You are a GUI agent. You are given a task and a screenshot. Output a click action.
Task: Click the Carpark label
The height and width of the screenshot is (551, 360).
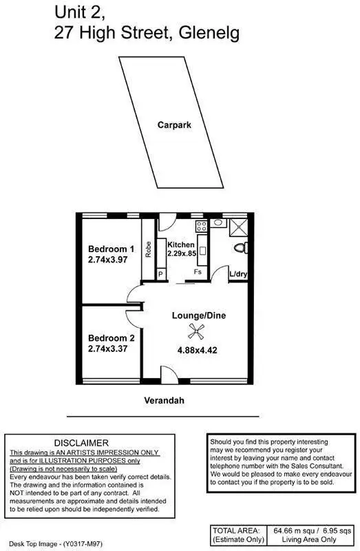coord(173,125)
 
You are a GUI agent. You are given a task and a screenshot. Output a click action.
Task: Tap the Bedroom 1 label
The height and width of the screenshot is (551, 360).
coord(111,249)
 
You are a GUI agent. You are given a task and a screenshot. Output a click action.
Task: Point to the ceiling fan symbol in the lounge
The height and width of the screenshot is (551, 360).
coord(198,334)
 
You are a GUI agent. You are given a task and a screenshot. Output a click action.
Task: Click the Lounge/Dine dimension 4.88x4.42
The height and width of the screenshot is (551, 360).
coord(198,349)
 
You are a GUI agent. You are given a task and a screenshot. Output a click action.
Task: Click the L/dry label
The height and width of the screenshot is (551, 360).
coord(239,274)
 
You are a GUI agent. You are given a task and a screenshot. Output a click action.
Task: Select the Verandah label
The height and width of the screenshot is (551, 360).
coord(163,400)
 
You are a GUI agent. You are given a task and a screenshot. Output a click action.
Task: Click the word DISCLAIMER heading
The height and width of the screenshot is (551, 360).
coord(81,442)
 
